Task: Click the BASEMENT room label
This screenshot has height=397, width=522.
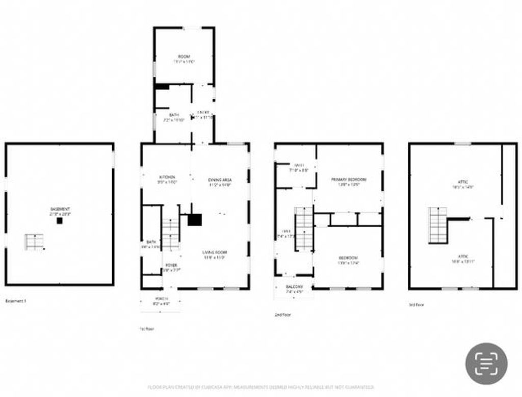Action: pyautogui.click(x=60, y=209)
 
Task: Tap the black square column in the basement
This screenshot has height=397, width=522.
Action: pyautogui.click(x=60, y=221)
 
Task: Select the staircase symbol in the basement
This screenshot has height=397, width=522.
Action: pyautogui.click(x=34, y=242)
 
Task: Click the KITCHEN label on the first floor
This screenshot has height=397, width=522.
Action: pyautogui.click(x=167, y=177)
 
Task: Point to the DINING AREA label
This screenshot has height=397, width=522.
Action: pyautogui.click(x=220, y=180)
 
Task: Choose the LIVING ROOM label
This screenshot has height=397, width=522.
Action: pyautogui.click(x=214, y=252)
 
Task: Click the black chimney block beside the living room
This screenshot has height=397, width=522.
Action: pyautogui.click(x=195, y=220)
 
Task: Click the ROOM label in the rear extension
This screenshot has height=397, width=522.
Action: pyautogui.click(x=184, y=56)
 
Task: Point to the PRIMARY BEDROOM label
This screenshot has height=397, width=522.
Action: pyautogui.click(x=349, y=179)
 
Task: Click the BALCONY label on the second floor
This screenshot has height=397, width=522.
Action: pyautogui.click(x=294, y=287)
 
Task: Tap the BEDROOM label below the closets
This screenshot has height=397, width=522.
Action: pyautogui.click(x=348, y=257)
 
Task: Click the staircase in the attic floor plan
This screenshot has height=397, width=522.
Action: pyautogui.click(x=437, y=225)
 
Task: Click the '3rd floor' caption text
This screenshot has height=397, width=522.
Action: pyautogui.click(x=416, y=305)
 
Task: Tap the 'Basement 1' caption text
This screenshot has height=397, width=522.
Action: pyautogui.click(x=15, y=301)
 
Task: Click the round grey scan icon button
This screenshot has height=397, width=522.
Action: pyautogui.click(x=486, y=363)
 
